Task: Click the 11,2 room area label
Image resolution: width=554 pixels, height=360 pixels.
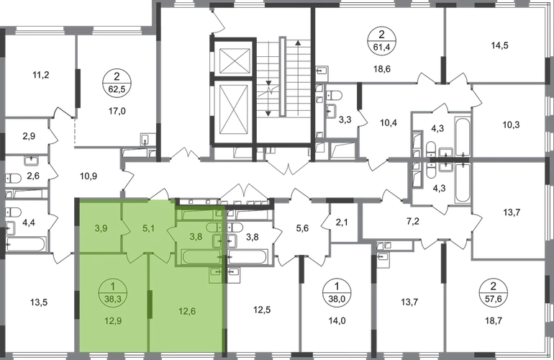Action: point(40,75)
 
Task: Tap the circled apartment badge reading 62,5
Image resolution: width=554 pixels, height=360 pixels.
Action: point(117,83)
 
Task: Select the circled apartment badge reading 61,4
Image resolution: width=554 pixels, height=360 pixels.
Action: point(381,40)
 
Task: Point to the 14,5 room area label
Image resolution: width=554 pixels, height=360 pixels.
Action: point(499,45)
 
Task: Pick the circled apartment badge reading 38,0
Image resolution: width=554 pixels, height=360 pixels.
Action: point(337,292)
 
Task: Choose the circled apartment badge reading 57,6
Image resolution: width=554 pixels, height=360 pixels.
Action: point(494,292)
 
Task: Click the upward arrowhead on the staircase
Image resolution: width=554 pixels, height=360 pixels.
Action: point(298,43)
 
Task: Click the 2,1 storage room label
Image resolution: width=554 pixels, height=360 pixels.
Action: point(342,223)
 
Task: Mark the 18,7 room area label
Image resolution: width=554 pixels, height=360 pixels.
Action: point(494,320)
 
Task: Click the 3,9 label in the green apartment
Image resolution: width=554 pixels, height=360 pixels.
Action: point(101,228)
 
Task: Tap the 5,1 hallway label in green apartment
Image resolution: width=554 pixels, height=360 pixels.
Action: point(148,228)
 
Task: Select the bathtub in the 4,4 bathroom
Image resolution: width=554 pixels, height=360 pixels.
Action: point(25,244)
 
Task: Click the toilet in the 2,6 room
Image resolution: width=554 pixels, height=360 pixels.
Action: point(14,179)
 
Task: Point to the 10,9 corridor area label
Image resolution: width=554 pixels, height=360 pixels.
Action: point(88,176)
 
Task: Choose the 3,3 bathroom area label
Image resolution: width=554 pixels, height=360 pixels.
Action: point(345,120)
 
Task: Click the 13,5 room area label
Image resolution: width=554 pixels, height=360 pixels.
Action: point(39,302)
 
